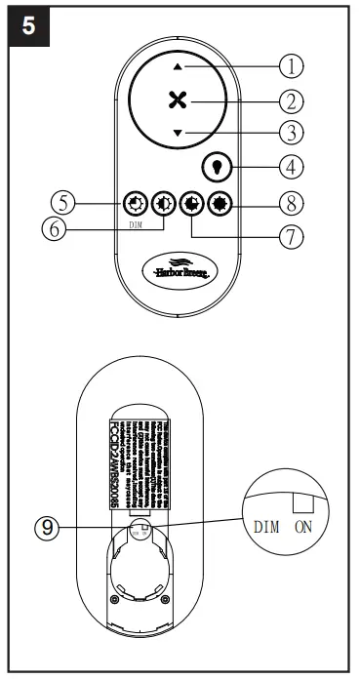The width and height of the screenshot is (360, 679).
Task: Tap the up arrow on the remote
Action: [177, 65]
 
